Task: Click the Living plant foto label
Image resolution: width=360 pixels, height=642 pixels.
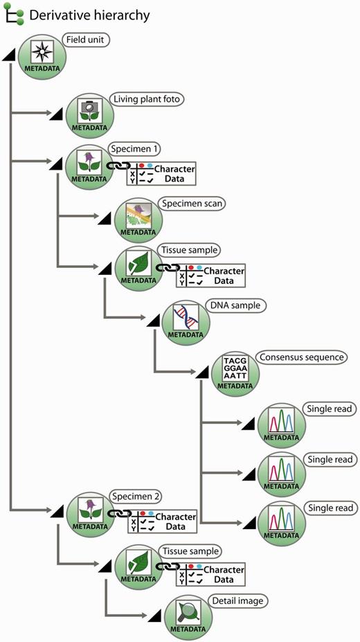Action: (x=147, y=100)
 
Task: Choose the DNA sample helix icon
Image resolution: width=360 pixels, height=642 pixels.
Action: (x=186, y=319)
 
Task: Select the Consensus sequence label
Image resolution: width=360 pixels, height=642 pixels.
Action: (x=301, y=357)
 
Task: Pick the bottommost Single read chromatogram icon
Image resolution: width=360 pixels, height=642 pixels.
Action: (x=280, y=523)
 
